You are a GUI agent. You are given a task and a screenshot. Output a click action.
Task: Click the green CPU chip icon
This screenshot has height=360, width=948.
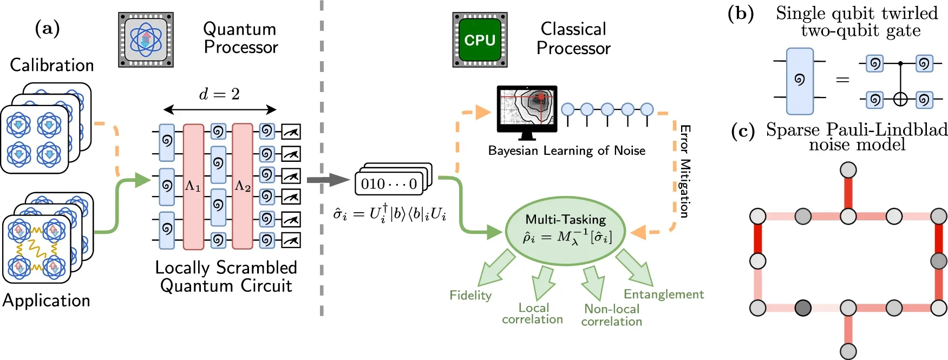pyautogui.click(x=480, y=40)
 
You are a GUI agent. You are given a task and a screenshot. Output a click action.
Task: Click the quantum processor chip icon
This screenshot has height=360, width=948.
pyautogui.click(x=146, y=40)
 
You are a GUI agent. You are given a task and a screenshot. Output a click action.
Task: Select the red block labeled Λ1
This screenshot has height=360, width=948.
pyautogui.click(x=193, y=187)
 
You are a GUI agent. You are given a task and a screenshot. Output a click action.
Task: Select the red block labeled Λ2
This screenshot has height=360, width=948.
pyautogui.click(x=243, y=187)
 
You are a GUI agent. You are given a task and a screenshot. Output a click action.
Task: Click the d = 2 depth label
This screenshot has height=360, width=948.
pyautogui.click(x=219, y=94)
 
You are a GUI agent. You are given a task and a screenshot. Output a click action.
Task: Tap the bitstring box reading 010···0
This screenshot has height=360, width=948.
pyautogui.click(x=389, y=184)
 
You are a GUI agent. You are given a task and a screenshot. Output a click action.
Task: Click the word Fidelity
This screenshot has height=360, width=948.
pyautogui.click(x=470, y=296)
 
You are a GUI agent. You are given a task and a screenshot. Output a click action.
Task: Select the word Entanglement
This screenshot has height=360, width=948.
pyautogui.click(x=663, y=294)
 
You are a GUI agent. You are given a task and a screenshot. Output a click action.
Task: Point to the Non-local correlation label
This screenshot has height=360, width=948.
pyautogui.click(x=612, y=315)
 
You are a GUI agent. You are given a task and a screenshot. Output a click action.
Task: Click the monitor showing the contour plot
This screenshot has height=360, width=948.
pyautogui.click(x=527, y=108)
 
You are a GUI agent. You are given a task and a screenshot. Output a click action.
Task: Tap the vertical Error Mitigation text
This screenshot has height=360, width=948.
pyautogui.click(x=685, y=171)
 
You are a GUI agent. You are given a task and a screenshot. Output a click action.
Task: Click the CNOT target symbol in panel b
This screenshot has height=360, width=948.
pyautogui.click(x=900, y=100)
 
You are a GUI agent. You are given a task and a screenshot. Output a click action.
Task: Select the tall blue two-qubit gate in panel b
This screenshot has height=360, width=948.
pyautogui.click(x=800, y=81)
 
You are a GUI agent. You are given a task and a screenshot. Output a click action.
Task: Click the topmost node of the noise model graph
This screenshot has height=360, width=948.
pyautogui.click(x=848, y=171)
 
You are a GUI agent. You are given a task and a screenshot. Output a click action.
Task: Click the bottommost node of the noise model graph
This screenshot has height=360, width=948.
pyautogui.click(x=848, y=351)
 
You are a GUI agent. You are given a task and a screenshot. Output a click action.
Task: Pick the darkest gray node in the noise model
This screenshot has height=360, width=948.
pyautogui.click(x=803, y=309)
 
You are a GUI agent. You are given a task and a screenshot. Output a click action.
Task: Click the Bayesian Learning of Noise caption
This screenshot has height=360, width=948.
pyautogui.click(x=566, y=150)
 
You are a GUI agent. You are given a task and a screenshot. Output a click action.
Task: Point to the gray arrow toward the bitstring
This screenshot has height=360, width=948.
pyautogui.click(x=328, y=180)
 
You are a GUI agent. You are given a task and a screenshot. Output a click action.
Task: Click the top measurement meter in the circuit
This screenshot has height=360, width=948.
pyautogui.click(x=291, y=132)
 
